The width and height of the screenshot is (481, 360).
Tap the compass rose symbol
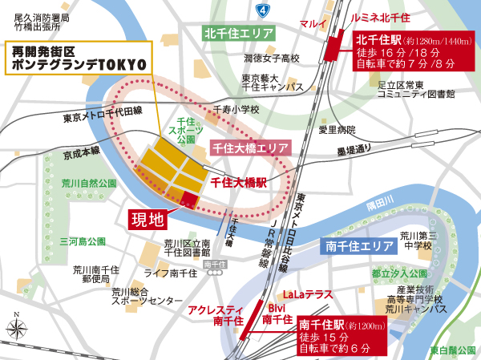pyautogui.click(x=17, y=327)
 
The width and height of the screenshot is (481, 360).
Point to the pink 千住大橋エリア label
pyautogui.click(x=249, y=148)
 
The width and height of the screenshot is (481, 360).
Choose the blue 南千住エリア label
pyautogui.click(x=357, y=247)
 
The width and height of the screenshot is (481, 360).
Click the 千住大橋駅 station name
pyautogui.click(x=238, y=182)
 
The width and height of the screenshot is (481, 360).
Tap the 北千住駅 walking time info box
pyautogui.click(x=410, y=49)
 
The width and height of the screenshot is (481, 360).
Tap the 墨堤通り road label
pyautogui.click(x=350, y=149)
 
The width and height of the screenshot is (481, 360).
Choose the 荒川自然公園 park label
pyautogui.click(x=90, y=183)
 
